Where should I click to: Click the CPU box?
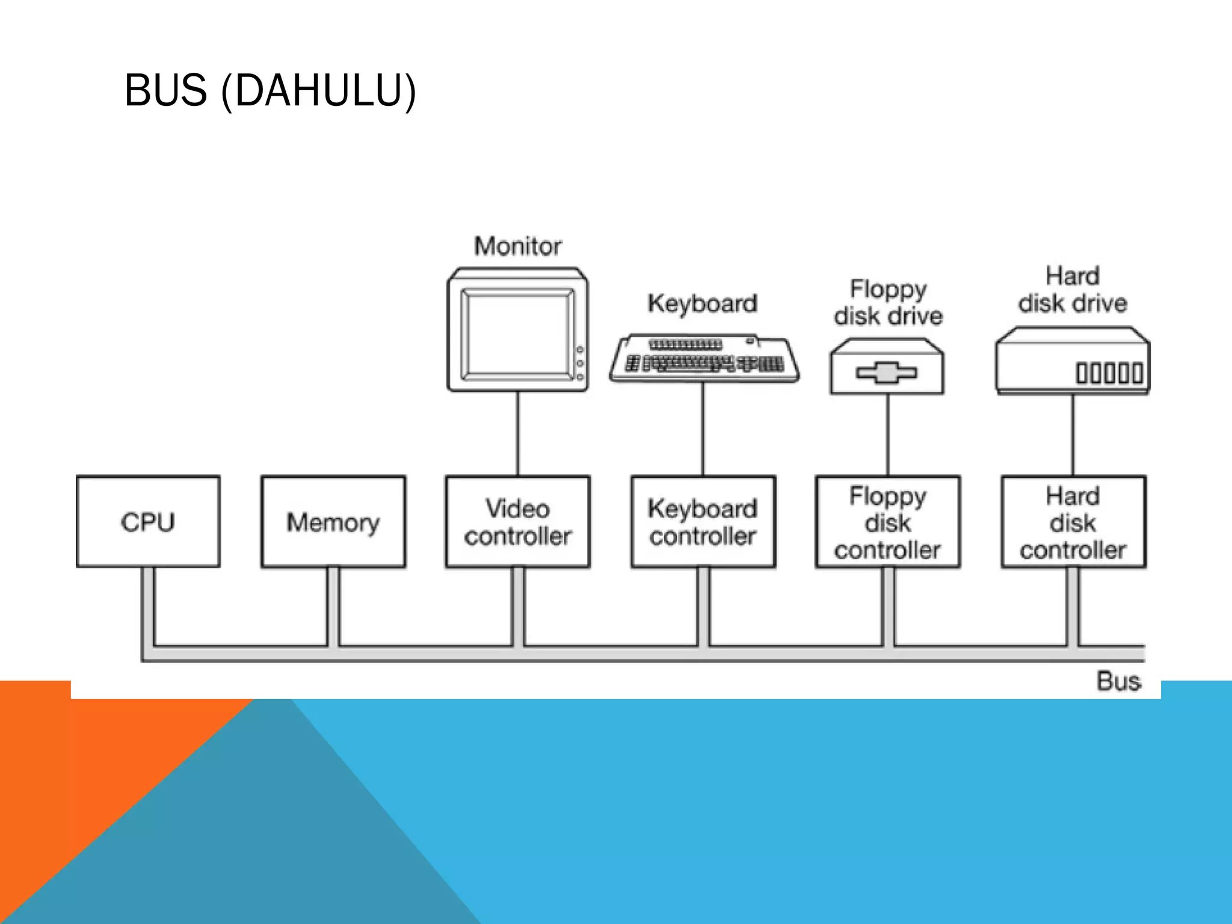(148, 522)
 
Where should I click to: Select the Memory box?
(333, 522)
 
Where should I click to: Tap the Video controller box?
(517, 522)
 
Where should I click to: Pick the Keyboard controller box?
(703, 522)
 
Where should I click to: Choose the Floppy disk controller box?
(887, 522)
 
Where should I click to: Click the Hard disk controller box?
(1073, 522)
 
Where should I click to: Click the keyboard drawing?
(704, 359)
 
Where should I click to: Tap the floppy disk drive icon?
(887, 367)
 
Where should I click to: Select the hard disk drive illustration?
(1073, 361)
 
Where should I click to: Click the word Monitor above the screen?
(517, 246)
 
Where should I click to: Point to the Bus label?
(1118, 682)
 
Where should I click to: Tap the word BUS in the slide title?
(165, 90)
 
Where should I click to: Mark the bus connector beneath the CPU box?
(148, 608)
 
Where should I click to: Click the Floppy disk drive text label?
(888, 302)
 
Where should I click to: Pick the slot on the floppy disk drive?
(887, 373)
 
